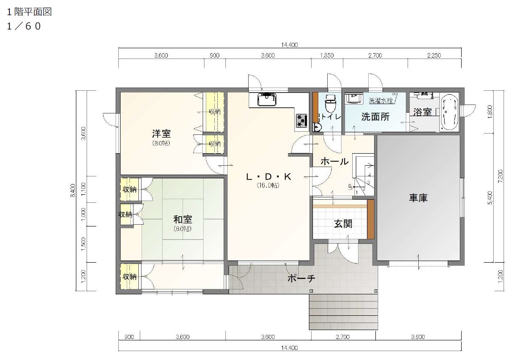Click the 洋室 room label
click(161, 134)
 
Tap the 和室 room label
click(183, 219)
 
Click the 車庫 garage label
click(418, 198)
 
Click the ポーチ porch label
click(301, 279)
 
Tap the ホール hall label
click(334, 162)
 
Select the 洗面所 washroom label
click(375, 117)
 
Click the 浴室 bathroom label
click(422, 112)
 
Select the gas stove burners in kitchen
click(302, 120)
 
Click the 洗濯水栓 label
click(380, 100)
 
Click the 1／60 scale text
click(24, 26)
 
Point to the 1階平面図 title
click(29, 12)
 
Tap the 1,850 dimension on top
click(327, 56)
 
